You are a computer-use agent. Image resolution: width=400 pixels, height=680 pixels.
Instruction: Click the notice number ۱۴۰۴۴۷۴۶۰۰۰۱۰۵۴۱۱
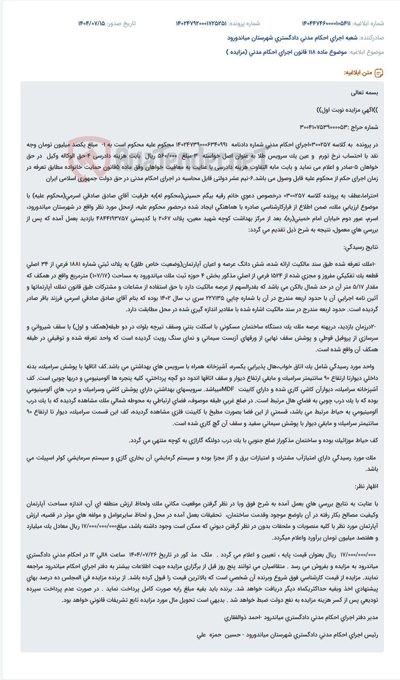coord(326,23)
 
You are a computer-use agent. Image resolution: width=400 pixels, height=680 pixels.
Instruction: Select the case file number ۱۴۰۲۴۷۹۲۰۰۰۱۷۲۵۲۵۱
coord(201,23)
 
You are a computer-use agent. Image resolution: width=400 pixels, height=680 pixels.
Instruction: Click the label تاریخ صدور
coord(121,23)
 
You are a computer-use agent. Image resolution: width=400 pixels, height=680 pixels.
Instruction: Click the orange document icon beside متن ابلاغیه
coord(379,73)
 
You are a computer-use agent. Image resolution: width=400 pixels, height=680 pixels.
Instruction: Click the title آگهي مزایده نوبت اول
coord(347,110)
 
